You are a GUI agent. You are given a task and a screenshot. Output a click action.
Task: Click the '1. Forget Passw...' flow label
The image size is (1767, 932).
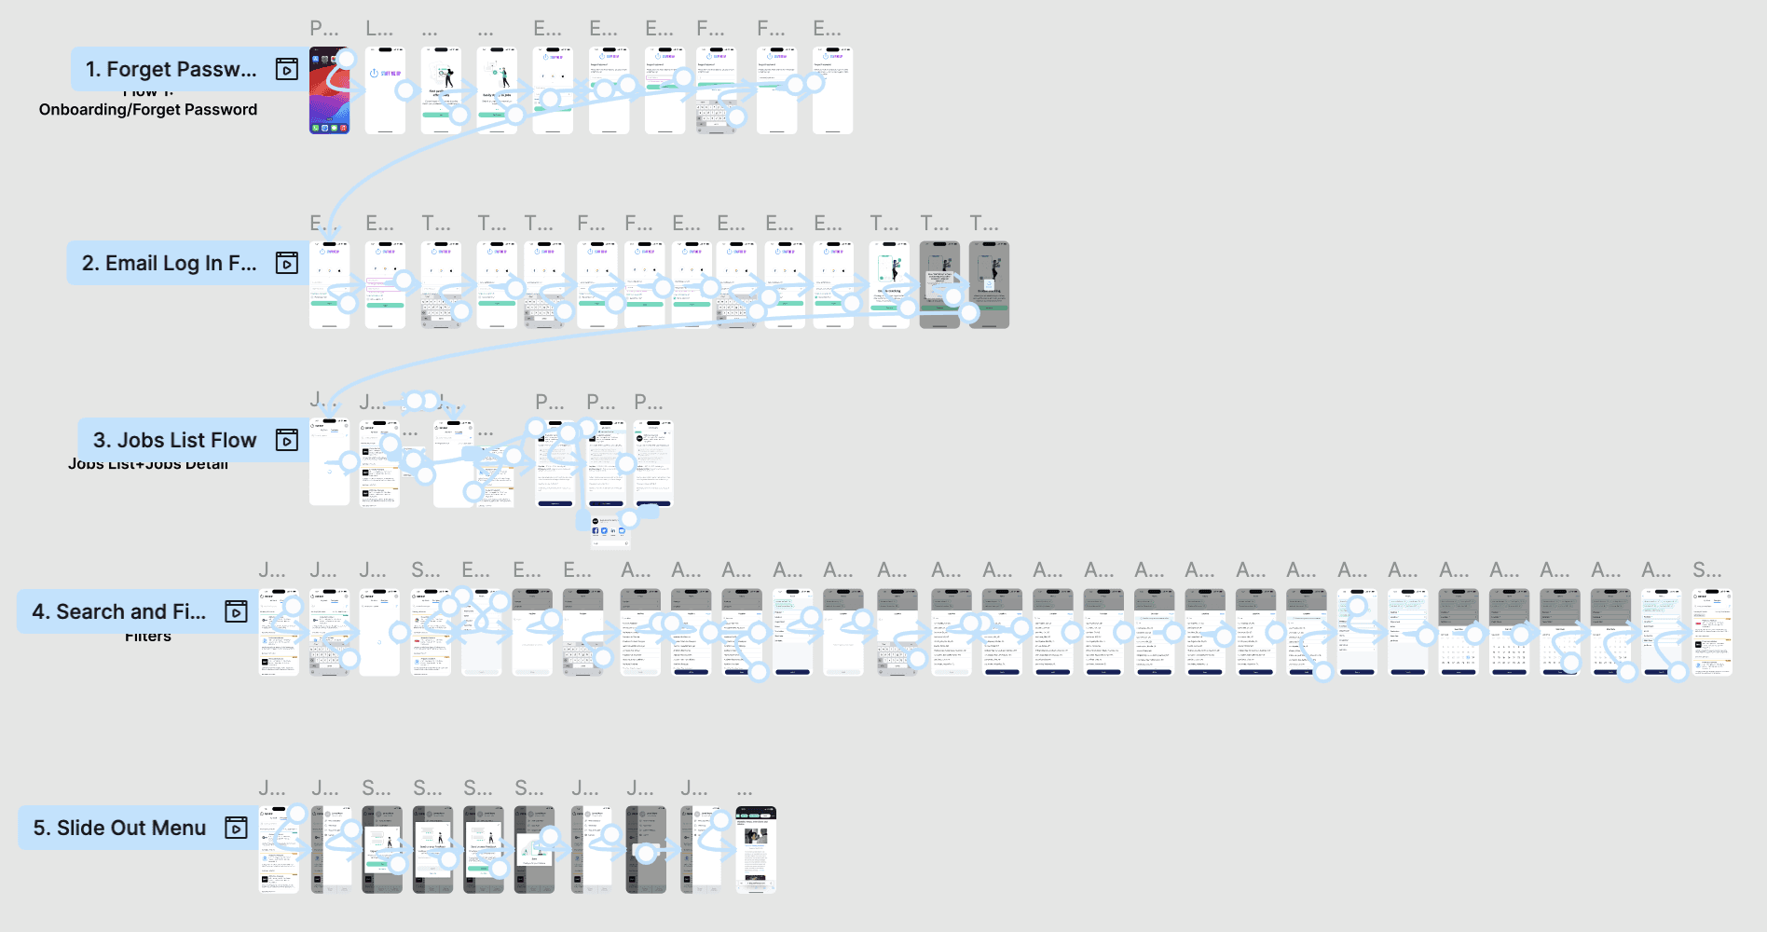pos(171,69)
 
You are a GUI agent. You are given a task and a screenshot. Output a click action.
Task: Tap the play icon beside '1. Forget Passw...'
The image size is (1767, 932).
pos(287,69)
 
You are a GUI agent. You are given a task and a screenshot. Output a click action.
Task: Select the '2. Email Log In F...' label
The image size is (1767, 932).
pos(169,263)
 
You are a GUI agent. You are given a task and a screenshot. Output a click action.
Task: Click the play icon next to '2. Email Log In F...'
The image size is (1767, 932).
pos(287,263)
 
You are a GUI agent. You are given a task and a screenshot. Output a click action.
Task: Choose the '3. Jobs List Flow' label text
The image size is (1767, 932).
pos(174,440)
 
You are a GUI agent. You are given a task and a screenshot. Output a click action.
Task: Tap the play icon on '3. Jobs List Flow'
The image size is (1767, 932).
pos(287,440)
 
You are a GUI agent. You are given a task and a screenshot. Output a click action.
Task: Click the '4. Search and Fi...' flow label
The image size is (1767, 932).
pos(118,611)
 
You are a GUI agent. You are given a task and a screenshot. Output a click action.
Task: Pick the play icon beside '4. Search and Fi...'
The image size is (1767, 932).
pos(237,611)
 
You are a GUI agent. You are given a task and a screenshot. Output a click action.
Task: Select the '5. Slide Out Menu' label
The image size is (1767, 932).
pos(119,828)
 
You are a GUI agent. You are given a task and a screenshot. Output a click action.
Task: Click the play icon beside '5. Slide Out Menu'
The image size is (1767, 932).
pos(237,828)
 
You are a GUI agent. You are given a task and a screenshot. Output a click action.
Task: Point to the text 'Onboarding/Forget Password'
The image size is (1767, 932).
pos(148,110)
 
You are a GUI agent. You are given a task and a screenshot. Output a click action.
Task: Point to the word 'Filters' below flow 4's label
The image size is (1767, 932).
pos(148,637)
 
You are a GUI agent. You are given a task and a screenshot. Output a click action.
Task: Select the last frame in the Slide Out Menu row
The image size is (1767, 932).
pos(756,850)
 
